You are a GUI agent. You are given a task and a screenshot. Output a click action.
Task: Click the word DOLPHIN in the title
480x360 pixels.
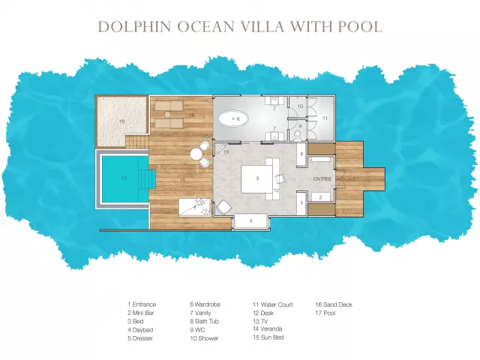coord(135,27)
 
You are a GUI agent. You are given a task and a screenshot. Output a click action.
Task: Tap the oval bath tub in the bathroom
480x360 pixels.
coord(233,118)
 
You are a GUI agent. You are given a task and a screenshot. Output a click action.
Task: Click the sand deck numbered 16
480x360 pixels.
coord(121,121)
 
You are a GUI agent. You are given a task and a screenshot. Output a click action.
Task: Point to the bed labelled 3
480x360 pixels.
coord(256,178)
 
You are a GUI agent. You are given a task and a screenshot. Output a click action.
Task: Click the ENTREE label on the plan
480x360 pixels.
coord(322,178)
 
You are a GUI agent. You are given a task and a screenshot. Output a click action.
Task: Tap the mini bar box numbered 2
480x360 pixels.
coord(321,197)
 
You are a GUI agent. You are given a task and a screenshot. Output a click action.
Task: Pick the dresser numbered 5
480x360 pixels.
coord(301,203)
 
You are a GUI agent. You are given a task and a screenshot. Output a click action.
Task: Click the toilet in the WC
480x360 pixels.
coord(297,135)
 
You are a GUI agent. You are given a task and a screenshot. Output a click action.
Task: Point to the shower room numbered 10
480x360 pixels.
coord(298,106)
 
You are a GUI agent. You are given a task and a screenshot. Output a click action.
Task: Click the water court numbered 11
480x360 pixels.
coord(323,118)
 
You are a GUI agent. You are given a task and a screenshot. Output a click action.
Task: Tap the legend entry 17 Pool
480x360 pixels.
coord(325,313)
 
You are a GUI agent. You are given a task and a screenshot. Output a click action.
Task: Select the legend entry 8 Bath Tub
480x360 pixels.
coord(205,322)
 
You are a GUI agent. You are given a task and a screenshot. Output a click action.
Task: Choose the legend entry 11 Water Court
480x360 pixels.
coord(273,304)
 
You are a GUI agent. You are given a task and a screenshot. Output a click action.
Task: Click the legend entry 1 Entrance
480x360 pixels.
coord(142,304)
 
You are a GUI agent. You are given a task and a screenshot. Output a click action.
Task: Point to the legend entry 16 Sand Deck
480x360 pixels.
coord(334,304)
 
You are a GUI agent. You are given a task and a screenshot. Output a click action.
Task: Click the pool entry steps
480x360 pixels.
coord(148,178)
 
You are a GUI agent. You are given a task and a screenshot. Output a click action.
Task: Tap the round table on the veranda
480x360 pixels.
coord(196,154)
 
